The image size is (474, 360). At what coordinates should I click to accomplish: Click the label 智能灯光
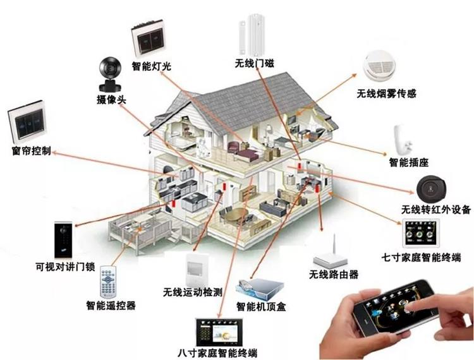point(152,66)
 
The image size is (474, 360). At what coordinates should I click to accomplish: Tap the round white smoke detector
point(383,68)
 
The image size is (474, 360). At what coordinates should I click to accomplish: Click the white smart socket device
point(402,139)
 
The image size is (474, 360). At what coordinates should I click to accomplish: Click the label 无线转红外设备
point(435,210)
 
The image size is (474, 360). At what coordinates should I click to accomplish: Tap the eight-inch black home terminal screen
point(221,330)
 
